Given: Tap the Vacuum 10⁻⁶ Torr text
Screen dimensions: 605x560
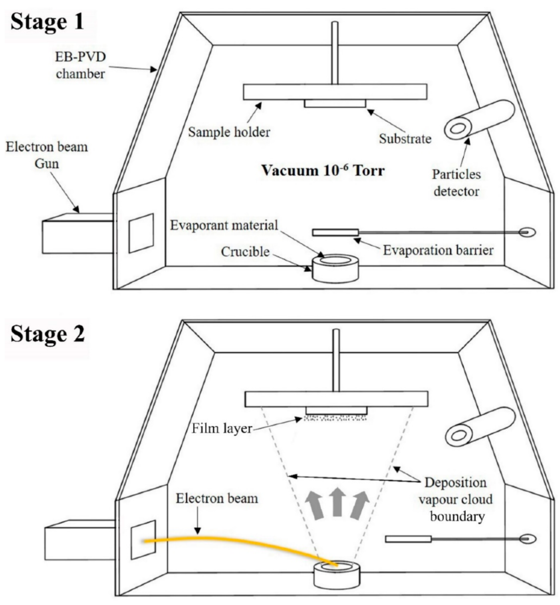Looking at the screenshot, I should click(323, 170).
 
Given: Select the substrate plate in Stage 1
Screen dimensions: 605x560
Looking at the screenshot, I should click(335, 104).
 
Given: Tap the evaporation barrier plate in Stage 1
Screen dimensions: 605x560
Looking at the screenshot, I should click(335, 233).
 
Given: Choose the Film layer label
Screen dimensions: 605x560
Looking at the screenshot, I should click(222, 428).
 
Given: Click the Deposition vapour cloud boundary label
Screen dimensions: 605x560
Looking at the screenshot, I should click(455, 499).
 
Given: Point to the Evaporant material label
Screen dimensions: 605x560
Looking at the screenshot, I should click(224, 225).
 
